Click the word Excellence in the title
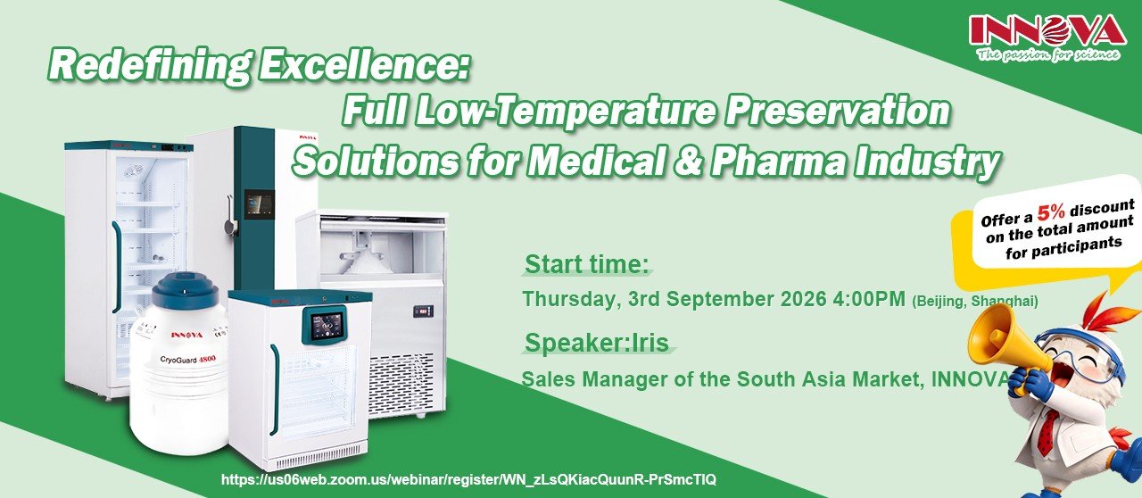[364, 65]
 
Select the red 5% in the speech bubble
[1052, 212]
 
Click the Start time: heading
[587, 265]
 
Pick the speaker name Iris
[650, 343]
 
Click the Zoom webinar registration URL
[469, 479]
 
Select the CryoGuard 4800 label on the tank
[187, 359]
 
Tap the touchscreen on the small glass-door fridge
[326, 325]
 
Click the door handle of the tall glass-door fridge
[117, 266]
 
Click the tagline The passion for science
[1048, 54]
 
